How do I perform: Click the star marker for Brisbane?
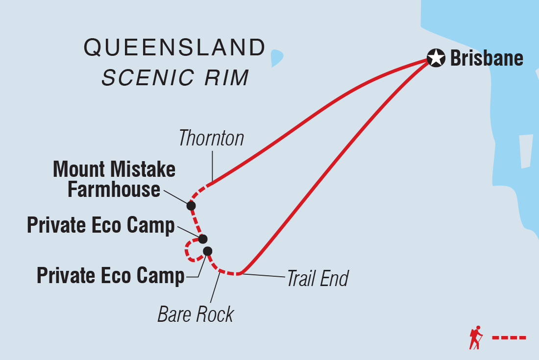[x=435, y=58]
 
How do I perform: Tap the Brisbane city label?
[x=486, y=59]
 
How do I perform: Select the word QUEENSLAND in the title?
[x=174, y=48]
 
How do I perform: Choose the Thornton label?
[x=211, y=139]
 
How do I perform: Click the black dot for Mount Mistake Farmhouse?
[x=191, y=205]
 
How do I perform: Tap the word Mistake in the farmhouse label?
[x=146, y=169]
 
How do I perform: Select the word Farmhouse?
[x=114, y=190]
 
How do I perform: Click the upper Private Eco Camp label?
[x=101, y=226]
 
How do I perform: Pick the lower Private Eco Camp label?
[x=111, y=276]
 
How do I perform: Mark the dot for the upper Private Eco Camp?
[x=203, y=239]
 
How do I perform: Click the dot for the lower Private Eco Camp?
[x=207, y=251]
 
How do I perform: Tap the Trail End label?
[x=317, y=279]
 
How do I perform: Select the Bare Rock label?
[x=196, y=314]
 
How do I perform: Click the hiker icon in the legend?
[x=475, y=337]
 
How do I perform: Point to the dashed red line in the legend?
[x=509, y=337]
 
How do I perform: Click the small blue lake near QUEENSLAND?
[x=277, y=58]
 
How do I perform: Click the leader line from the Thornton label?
[x=213, y=166]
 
